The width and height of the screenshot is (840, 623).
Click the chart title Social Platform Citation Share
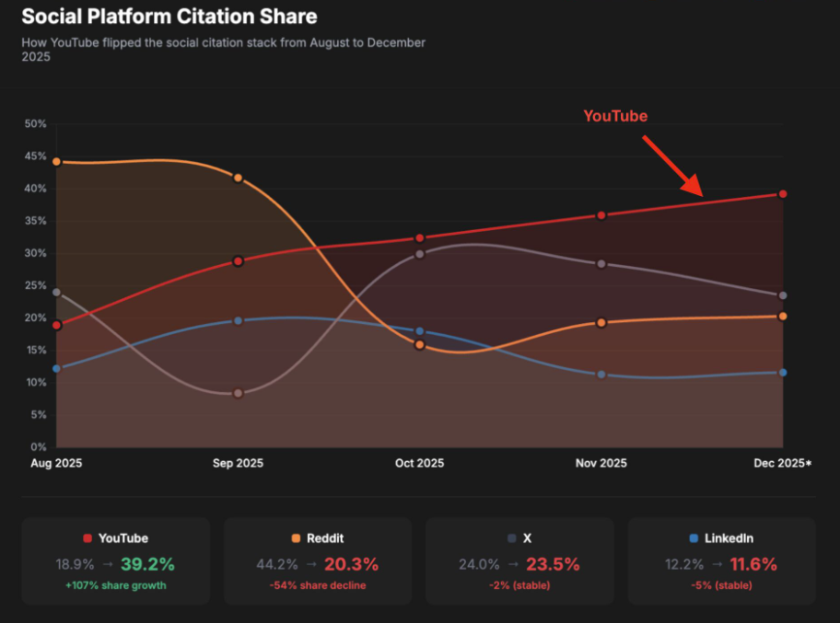pyautogui.click(x=169, y=17)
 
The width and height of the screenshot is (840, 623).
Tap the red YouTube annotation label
pyautogui.click(x=615, y=116)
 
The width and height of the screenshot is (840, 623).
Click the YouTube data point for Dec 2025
pyautogui.click(x=783, y=194)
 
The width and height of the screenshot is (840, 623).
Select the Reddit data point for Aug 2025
pyautogui.click(x=56, y=162)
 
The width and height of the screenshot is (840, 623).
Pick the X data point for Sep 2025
pyautogui.click(x=238, y=393)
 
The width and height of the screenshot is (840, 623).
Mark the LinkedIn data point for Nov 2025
pyautogui.click(x=601, y=375)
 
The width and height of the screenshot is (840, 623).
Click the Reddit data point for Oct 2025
pyautogui.click(x=419, y=345)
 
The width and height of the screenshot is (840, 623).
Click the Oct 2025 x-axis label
pyautogui.click(x=419, y=464)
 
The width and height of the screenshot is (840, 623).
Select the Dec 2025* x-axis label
pyautogui.click(x=783, y=464)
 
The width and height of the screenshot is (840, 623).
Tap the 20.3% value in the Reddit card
pyautogui.click(x=351, y=564)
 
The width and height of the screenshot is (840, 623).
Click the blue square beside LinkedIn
pyautogui.click(x=694, y=538)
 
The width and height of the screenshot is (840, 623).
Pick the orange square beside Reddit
pyautogui.click(x=296, y=538)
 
